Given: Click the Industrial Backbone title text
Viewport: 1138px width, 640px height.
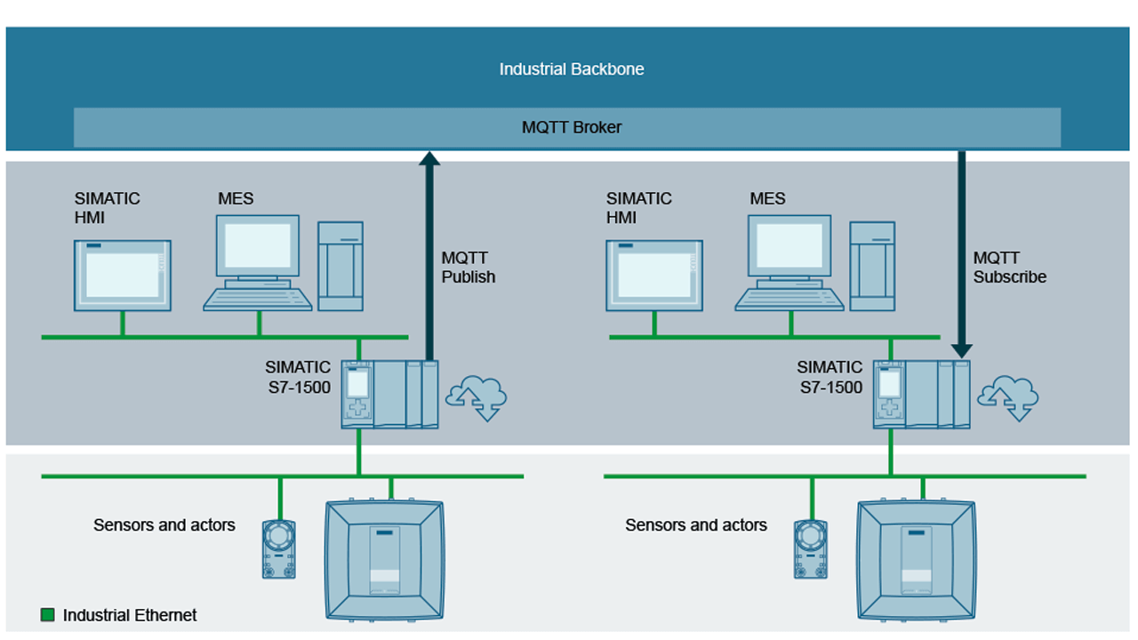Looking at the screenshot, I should tap(571, 69).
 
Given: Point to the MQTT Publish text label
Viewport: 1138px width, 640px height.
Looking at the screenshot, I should tap(468, 268).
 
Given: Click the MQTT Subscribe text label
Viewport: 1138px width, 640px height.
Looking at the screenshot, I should tap(1009, 268).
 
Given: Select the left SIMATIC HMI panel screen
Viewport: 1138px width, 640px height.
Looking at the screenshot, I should tap(122, 275).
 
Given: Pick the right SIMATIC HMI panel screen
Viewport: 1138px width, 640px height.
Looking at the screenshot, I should tap(653, 275).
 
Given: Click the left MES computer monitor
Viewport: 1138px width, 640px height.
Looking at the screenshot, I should tap(258, 246).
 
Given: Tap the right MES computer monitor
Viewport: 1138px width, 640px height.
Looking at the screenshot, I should tap(789, 246).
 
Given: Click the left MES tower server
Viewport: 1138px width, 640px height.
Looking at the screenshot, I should tap(341, 266).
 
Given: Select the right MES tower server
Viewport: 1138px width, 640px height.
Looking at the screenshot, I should tap(872, 266).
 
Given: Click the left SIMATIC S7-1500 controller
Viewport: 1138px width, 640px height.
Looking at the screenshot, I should tap(389, 395).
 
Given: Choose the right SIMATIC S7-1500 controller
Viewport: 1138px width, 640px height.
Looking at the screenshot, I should tap(921, 395).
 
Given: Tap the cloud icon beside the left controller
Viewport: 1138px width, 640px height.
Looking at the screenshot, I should tap(477, 397).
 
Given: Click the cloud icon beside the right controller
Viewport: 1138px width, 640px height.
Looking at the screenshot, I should tap(1009, 397).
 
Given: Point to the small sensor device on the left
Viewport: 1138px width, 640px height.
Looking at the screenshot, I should tap(279, 549).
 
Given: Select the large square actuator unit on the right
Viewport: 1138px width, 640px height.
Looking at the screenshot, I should tap(916, 559).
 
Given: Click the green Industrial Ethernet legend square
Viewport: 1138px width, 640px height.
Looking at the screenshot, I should tap(48, 615).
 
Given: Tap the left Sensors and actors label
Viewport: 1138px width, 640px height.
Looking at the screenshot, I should tap(164, 525).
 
